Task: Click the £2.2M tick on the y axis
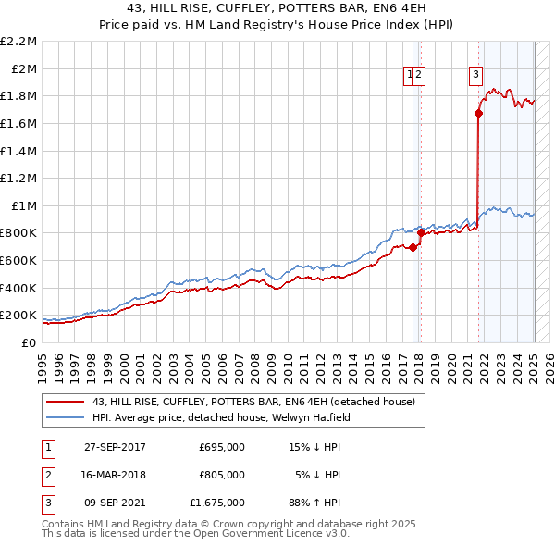click(x=19, y=42)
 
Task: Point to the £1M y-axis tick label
click(x=25, y=205)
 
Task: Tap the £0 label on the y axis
click(x=31, y=342)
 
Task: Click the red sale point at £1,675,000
click(x=478, y=114)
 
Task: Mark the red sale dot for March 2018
click(x=421, y=232)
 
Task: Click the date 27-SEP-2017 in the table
click(x=115, y=447)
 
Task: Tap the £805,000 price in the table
click(x=222, y=475)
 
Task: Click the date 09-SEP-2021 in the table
click(x=115, y=503)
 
